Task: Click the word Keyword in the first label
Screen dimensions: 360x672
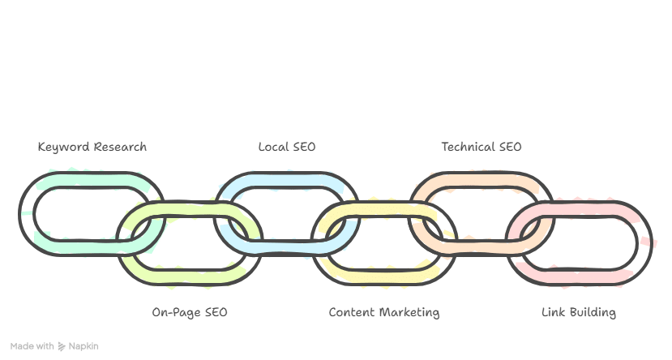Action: [63, 147]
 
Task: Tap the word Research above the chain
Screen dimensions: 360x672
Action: [120, 147]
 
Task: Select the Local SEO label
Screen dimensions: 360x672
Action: [286, 147]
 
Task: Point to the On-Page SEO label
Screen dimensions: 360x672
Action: [190, 312]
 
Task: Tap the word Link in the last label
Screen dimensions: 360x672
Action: [554, 312]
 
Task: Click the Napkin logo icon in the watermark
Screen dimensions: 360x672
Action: [61, 346]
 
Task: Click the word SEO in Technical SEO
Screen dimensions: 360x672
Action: [510, 147]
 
